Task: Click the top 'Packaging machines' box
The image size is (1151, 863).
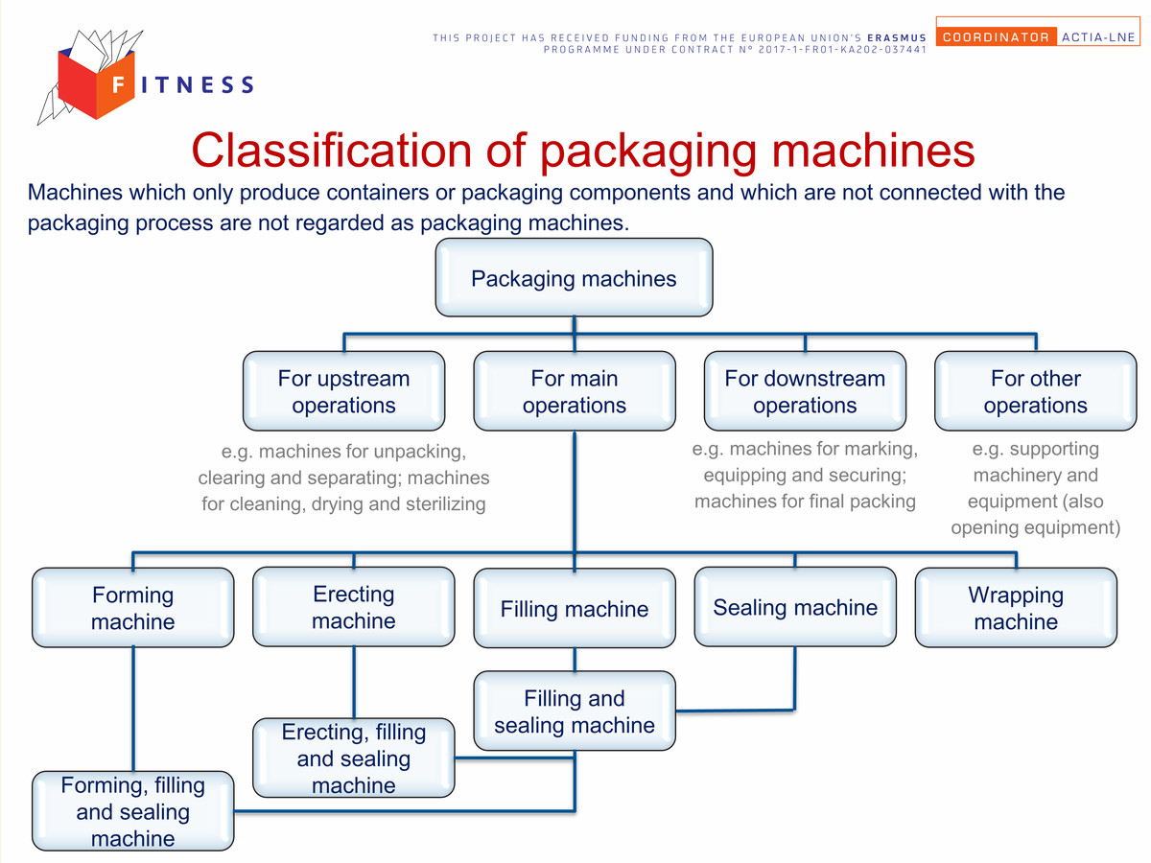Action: (574, 277)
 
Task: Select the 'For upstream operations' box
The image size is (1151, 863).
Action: (343, 391)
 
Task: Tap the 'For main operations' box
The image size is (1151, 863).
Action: (575, 391)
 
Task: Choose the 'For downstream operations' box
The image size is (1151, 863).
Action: (805, 391)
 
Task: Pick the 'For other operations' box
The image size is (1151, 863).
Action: (1036, 391)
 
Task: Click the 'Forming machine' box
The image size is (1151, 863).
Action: (132, 607)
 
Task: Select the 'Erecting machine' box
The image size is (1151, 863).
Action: (353, 607)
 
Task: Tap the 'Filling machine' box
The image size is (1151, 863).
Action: (575, 608)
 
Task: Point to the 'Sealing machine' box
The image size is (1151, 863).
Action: (795, 607)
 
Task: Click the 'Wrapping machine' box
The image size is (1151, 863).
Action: (1016, 607)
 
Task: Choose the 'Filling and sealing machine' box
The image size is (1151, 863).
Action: (575, 711)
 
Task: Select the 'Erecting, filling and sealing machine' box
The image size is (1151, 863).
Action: (353, 758)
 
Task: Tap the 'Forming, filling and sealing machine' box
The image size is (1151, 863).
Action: (132, 810)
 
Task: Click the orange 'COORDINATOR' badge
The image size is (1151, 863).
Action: (996, 36)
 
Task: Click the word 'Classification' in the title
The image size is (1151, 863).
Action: (333, 151)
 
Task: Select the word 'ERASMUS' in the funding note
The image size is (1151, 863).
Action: (897, 37)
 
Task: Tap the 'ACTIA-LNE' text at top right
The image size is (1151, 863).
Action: (1098, 37)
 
